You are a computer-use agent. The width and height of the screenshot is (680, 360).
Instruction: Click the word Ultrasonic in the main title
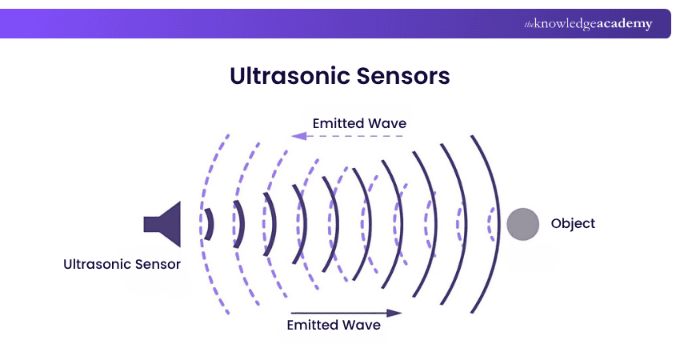[x=283, y=77]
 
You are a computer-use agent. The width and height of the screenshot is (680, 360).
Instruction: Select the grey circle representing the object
[x=522, y=223]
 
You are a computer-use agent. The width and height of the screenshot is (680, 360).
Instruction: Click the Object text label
[x=573, y=223]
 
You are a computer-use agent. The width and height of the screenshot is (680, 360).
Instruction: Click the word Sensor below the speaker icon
[x=157, y=264]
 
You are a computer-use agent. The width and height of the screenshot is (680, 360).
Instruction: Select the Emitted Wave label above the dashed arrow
[x=359, y=123]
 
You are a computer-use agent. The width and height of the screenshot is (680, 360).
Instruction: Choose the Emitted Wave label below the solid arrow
[x=334, y=326]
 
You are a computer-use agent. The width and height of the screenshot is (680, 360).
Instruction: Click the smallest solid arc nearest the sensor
[x=210, y=224]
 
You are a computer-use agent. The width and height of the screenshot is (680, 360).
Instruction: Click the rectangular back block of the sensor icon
[x=152, y=223]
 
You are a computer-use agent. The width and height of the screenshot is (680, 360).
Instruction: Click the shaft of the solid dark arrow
[x=336, y=313]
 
